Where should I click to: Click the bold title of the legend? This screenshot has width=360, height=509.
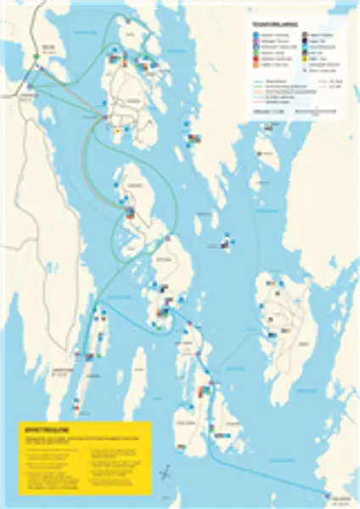click(x=273, y=25)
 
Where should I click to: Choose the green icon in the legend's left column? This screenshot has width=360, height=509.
click(x=257, y=53)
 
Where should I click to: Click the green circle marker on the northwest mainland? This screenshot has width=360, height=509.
click(x=37, y=55)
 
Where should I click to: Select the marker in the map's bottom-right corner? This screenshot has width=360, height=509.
click(x=329, y=493)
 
